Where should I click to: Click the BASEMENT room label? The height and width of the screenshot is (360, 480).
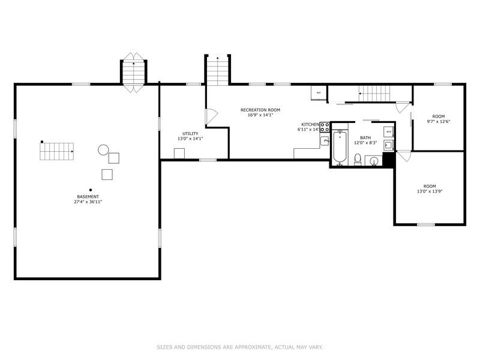(88, 196)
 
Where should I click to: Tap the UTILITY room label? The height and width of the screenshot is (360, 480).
(190, 133)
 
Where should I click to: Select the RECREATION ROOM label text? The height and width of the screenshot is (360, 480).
(260, 110)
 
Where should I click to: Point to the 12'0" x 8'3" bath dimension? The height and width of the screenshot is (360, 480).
(365, 142)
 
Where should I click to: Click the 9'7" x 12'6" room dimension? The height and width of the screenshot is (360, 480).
(438, 122)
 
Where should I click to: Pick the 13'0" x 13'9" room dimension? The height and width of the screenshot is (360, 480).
(429, 191)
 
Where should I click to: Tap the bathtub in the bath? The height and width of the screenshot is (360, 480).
(340, 148)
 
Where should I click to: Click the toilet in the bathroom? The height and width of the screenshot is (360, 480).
(358, 160)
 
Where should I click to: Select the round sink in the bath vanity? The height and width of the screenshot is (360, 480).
(374, 161)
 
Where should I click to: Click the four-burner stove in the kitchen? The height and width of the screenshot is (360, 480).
(324, 127)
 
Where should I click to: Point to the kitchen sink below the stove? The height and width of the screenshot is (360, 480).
(324, 142)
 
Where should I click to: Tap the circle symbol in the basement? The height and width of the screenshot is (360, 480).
(103, 150)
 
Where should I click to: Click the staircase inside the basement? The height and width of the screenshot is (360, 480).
(56, 151)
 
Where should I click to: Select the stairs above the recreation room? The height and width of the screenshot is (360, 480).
(218, 70)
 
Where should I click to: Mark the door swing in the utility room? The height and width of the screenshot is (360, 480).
(210, 116)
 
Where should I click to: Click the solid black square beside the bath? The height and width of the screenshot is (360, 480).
(388, 160)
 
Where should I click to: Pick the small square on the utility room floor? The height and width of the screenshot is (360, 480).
(179, 154)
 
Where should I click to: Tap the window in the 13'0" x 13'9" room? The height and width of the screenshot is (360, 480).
(425, 225)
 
